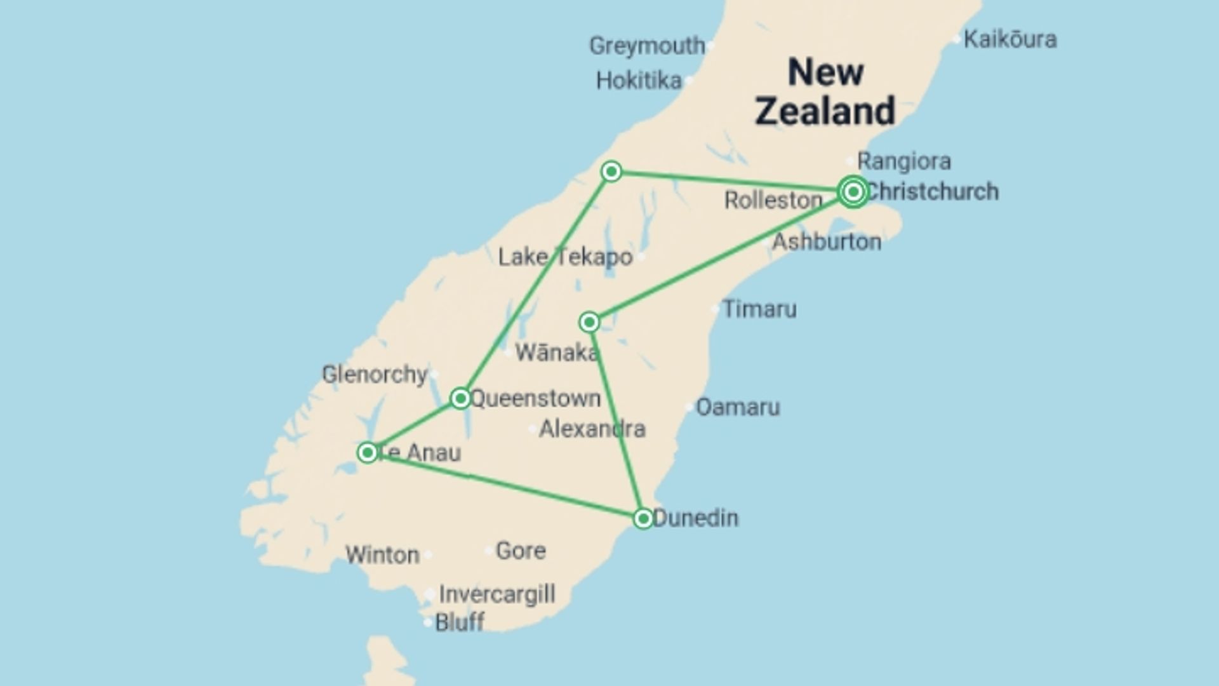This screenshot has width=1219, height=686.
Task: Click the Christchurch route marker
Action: click(853, 191)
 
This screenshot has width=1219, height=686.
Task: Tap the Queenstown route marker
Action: click(460, 398)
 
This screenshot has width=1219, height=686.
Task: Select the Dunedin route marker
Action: click(643, 518)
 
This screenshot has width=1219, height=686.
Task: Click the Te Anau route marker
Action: click(367, 452)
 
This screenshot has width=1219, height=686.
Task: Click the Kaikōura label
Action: click(1009, 39)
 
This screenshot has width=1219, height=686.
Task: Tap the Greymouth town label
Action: click(647, 46)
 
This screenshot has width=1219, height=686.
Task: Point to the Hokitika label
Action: click(639, 81)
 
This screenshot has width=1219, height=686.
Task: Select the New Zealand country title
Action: click(825, 91)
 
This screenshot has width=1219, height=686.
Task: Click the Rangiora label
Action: click(903, 161)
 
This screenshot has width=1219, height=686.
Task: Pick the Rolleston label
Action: click(773, 201)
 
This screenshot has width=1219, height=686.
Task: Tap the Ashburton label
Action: click(826, 242)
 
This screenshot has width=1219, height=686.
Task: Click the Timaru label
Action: click(759, 309)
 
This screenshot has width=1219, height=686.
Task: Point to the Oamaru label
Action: click(738, 407)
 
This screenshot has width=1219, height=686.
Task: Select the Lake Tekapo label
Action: click(565, 257)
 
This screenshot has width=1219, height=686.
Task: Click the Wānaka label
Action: click(556, 353)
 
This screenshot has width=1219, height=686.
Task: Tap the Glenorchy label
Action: click(375, 374)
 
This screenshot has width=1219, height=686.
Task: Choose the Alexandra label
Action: click(592, 429)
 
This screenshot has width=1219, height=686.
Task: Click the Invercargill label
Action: click(497, 595)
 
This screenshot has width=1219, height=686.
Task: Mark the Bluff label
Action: click(460, 622)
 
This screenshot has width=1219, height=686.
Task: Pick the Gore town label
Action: click(521, 551)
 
